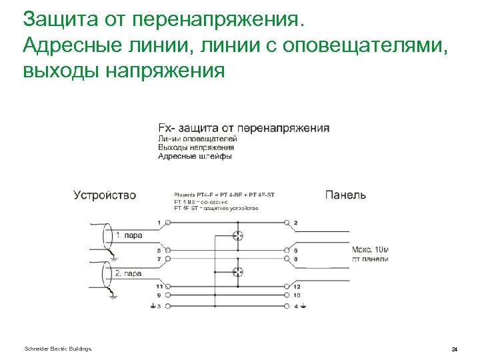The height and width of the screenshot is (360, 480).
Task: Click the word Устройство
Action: click(x=104, y=195)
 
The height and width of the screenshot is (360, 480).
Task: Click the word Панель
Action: click(x=345, y=195)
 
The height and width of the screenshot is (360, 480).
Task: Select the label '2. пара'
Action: click(x=129, y=273)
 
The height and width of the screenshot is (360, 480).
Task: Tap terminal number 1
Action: click(x=159, y=222)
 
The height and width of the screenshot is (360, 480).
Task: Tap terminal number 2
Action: click(x=295, y=222)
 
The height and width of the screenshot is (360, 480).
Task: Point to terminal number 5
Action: click(x=159, y=251)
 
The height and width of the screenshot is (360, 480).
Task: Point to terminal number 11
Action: click(x=159, y=286)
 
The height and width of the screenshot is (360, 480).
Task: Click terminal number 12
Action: click(x=296, y=286)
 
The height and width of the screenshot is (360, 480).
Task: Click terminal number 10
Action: click(x=296, y=294)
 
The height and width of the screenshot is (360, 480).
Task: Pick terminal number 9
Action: click(x=159, y=294)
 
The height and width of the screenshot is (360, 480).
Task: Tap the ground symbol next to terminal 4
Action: click(x=304, y=307)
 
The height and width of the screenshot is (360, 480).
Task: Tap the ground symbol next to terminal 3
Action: click(x=151, y=307)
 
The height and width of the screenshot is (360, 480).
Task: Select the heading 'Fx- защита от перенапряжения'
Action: click(x=243, y=127)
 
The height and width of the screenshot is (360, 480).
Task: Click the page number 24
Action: click(x=454, y=349)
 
